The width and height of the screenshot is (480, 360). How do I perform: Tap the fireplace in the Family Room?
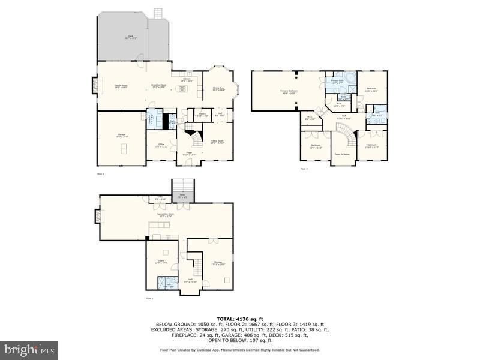[x=94, y=85]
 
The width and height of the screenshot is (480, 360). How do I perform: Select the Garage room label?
[x=121, y=135]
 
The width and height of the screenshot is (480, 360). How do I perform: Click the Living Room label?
[x=217, y=142]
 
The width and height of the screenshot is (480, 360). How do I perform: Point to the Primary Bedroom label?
[x=289, y=91]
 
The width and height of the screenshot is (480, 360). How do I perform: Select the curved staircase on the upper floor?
[x=346, y=140]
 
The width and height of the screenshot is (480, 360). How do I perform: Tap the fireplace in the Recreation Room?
[x=98, y=216]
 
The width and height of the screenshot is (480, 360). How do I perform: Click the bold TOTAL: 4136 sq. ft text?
[x=239, y=319]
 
